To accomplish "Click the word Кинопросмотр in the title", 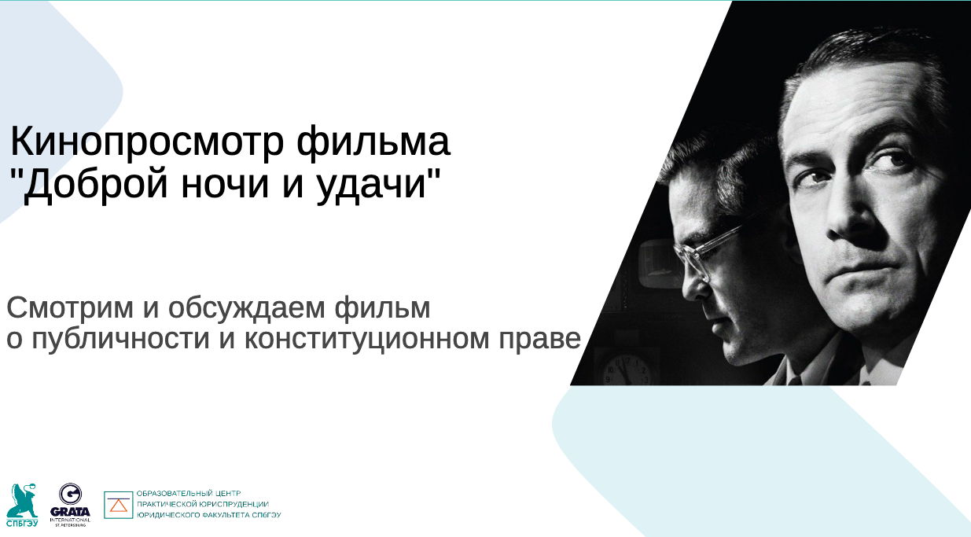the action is [147, 142].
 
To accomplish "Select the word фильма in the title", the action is [373, 142].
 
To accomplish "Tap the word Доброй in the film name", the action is [94, 184].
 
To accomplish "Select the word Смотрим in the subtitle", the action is [70, 307].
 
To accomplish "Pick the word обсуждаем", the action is [246, 308].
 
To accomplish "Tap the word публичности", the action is [120, 340].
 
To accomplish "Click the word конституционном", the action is [366, 340].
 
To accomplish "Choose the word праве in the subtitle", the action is [539, 341].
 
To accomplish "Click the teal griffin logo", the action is [22, 501].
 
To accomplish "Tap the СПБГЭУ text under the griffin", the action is [22, 523].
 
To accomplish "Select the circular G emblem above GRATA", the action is [70, 494].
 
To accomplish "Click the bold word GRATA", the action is [70, 512].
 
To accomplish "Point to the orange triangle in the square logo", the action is [119, 506].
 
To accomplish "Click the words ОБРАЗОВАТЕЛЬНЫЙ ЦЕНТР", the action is [189, 493].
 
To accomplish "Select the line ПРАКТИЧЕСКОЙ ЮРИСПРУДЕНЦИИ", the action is [203, 504].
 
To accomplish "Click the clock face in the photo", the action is [627, 370].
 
